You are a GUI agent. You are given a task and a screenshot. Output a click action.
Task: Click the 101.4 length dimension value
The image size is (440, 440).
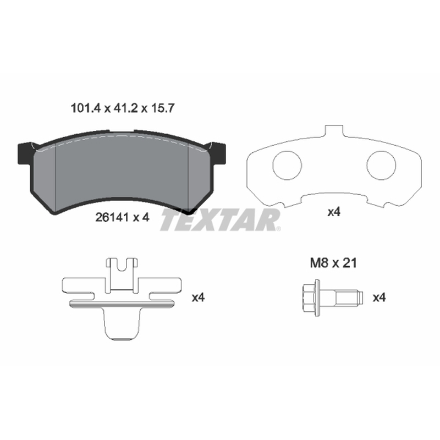(x=85, y=108)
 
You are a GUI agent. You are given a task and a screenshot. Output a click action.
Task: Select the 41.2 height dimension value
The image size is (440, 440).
(x=125, y=108)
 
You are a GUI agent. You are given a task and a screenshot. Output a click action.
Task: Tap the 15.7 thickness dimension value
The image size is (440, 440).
(x=163, y=108)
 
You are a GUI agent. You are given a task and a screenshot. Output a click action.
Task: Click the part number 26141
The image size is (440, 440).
(x=112, y=217)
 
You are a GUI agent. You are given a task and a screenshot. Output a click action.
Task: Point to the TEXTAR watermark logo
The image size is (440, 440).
(x=220, y=221)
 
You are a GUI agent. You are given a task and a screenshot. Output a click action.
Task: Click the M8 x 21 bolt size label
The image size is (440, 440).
(x=333, y=263)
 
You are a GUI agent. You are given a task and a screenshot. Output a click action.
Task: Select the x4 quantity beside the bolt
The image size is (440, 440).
(x=379, y=298)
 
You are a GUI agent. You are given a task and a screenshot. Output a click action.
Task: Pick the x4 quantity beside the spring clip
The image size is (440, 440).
(x=198, y=298)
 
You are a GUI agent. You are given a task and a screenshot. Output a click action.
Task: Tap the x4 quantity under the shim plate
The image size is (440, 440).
(x=334, y=212)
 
